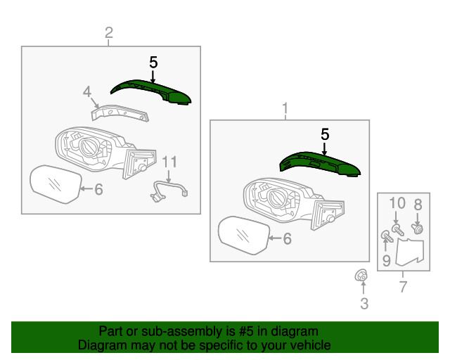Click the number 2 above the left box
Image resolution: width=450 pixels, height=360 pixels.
[x=109, y=32]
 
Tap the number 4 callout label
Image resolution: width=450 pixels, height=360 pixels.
[x=87, y=91]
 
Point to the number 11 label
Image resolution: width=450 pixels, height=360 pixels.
[x=167, y=162]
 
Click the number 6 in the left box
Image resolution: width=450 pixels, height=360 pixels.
[x=98, y=188]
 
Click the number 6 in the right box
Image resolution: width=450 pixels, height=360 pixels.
[x=286, y=239]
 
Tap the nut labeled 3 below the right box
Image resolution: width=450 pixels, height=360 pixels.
[x=361, y=276]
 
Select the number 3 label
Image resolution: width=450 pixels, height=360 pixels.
[x=364, y=304]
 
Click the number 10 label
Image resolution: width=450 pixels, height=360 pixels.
[x=397, y=203]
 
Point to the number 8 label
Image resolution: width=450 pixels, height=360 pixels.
[x=418, y=205]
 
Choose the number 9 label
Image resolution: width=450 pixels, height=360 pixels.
[x=386, y=262]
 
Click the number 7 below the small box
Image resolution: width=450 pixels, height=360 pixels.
[x=403, y=286]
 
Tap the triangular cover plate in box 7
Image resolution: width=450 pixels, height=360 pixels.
[x=411, y=251]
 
